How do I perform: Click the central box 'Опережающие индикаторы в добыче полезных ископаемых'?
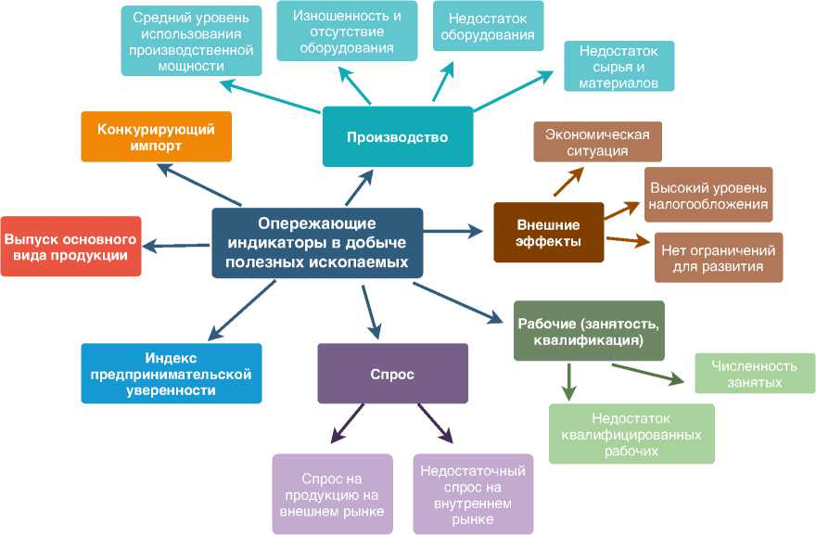coord(317,243)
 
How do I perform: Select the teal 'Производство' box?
coord(397,137)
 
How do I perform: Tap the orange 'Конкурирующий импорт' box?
coord(156,137)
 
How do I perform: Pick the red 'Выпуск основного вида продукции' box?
coord(70,247)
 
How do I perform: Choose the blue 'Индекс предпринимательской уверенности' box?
coord(172,373)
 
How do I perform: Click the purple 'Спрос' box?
coord(391,375)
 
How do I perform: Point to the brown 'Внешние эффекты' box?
coord(548,233)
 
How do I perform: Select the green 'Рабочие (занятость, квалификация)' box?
coord(589,331)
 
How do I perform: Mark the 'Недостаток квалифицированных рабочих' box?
coord(631,433)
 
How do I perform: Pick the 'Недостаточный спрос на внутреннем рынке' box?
coord(473,493)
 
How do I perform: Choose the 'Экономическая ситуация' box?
coord(597,141)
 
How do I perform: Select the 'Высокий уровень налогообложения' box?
coord(708,195)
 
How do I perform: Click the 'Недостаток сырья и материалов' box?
coord(618,66)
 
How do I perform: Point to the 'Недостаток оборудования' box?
coord(488,27)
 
